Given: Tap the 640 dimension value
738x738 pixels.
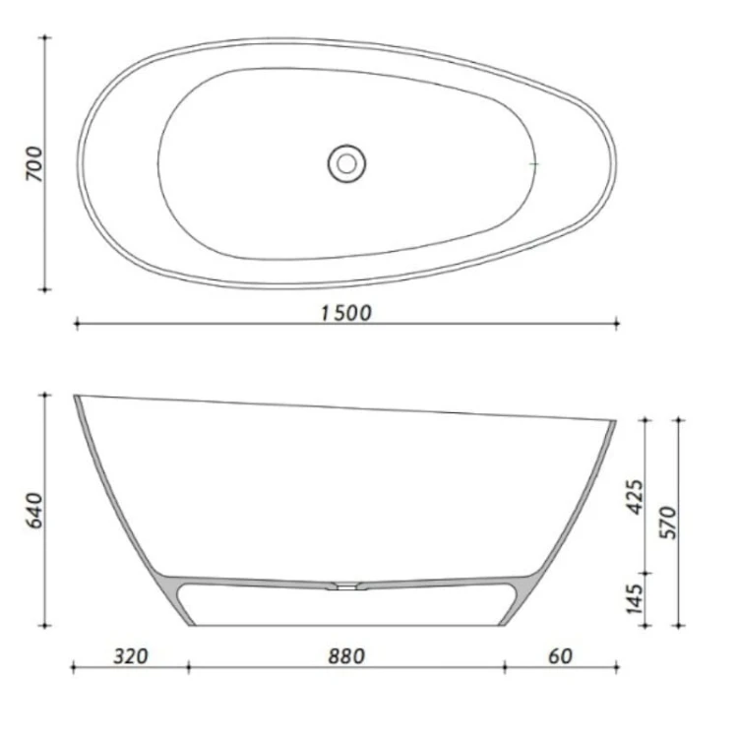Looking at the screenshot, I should (x=32, y=510).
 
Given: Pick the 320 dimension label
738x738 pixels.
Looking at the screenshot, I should (x=130, y=656).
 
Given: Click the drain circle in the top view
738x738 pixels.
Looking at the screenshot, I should (x=345, y=162).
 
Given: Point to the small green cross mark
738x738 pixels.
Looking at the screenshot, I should (x=533, y=162).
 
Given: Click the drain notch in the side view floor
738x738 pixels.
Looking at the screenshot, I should (x=347, y=586).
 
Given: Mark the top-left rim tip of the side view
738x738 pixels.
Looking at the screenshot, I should (x=77, y=397).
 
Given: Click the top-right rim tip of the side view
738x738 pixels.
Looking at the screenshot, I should (x=613, y=422).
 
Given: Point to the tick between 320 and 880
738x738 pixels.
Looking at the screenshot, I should (x=188, y=669).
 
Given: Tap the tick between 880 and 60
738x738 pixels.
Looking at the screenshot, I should (x=505, y=669).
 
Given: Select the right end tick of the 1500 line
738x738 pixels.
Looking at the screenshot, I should (x=617, y=322).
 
